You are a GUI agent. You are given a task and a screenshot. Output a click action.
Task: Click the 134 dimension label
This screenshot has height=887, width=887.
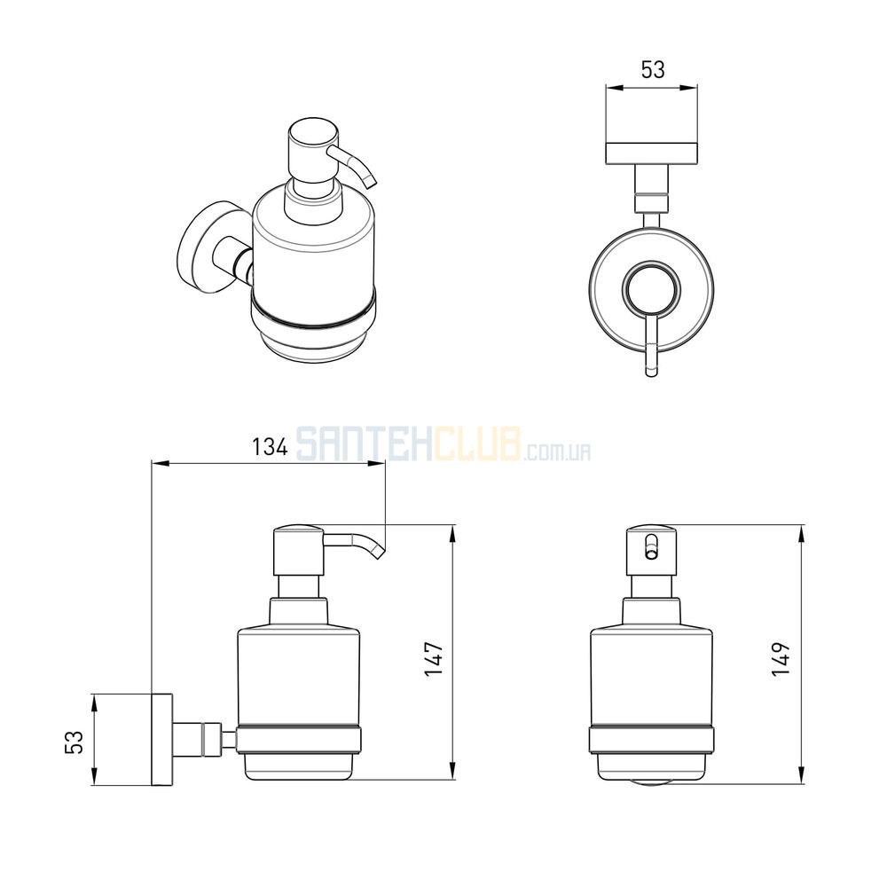point(270,447)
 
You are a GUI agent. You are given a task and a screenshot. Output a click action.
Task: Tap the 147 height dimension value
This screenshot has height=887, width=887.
point(434,659)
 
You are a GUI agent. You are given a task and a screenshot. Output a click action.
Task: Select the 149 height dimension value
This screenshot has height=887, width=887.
point(781,659)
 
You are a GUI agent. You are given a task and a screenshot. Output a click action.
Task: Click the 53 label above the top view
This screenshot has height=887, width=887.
point(652,69)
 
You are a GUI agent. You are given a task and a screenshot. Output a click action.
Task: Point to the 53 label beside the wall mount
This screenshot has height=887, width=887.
point(75,742)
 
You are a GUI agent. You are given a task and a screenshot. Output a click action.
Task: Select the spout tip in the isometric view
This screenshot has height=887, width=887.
point(370,181)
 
